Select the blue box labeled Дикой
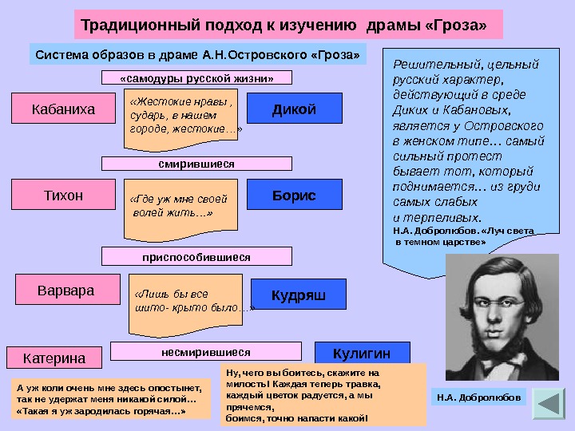point(294,108)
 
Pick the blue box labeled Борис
point(294,195)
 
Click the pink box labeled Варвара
point(65,291)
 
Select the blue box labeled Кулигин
point(362,354)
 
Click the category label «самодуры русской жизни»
point(196,78)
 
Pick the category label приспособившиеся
point(196,257)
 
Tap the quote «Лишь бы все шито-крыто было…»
point(188,302)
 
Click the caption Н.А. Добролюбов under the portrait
point(479,396)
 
